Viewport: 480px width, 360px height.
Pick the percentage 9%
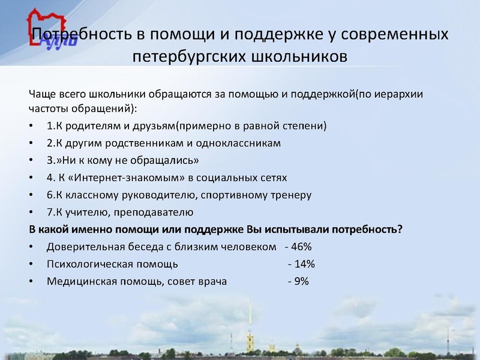pyautogui.click(x=301, y=281)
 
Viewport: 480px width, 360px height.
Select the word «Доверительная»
pyautogui.click(x=82, y=247)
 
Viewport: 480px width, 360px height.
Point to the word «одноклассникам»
pyautogui.click(x=246, y=144)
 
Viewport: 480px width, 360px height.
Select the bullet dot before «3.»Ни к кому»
pyautogui.click(x=31, y=161)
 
